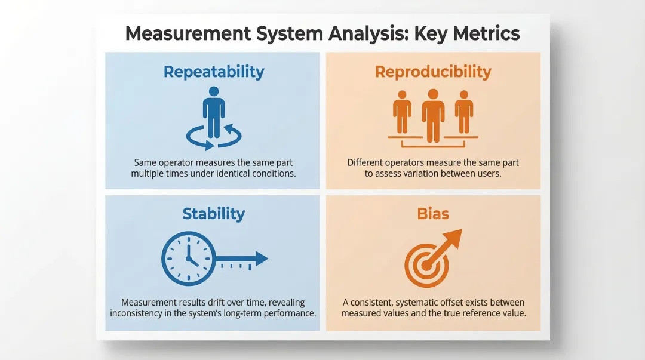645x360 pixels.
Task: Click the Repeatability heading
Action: coord(214,72)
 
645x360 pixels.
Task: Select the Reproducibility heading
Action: coord(433,72)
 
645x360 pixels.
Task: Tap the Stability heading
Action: coord(214,214)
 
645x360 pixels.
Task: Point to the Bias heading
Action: coord(433,214)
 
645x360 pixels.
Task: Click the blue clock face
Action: coord(188,259)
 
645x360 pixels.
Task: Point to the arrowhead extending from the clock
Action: coord(261,259)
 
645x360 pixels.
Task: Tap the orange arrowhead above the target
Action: coord(453,238)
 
